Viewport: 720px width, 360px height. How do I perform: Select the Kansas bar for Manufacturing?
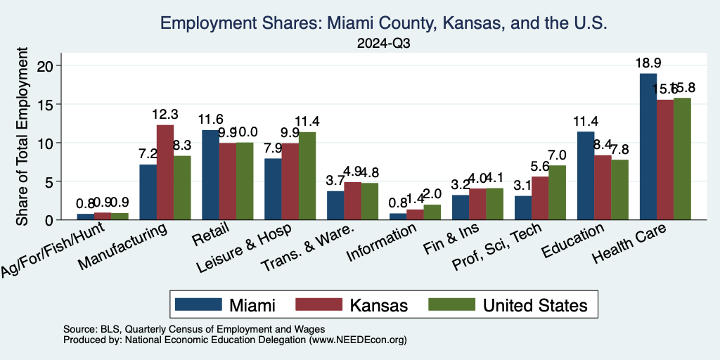coord(165,172)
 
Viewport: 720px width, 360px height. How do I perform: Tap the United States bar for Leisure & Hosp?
coord(307,176)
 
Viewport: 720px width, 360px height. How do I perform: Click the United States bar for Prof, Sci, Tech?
coord(557,193)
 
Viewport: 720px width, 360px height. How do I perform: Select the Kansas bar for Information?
coord(415,214)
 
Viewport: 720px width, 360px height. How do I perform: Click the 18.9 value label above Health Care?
coord(647,64)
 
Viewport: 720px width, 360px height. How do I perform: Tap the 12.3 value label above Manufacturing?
coord(166,115)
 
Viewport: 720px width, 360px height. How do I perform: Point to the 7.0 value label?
coord(558,155)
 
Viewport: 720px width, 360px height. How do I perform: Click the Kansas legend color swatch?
coord(320,304)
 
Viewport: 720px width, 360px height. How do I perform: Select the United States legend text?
coord(534,305)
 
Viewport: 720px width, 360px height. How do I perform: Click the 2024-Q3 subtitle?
coord(383,44)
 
